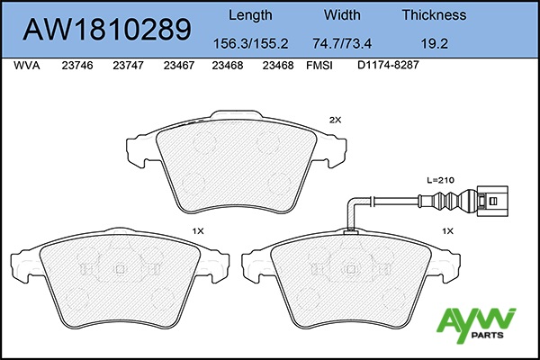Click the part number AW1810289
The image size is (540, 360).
point(107,30)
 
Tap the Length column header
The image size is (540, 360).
point(250,15)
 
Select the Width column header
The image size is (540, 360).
point(342,14)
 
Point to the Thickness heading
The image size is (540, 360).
point(435,14)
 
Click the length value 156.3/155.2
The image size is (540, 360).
point(251,43)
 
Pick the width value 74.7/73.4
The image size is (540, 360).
point(342,43)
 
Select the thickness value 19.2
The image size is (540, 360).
point(435,43)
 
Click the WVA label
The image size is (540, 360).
point(26,66)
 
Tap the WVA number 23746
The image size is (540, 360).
point(77,66)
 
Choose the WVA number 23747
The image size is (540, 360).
point(128,66)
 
